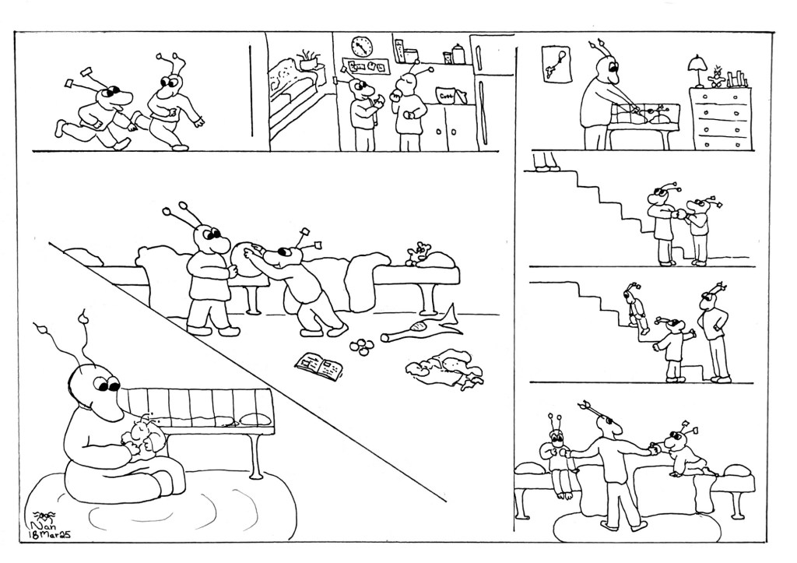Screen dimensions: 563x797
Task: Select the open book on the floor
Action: point(319,365)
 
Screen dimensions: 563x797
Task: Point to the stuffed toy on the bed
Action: point(421,252)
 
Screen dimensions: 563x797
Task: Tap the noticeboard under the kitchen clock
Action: point(366,67)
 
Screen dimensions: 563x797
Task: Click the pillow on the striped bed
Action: point(253,418)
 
